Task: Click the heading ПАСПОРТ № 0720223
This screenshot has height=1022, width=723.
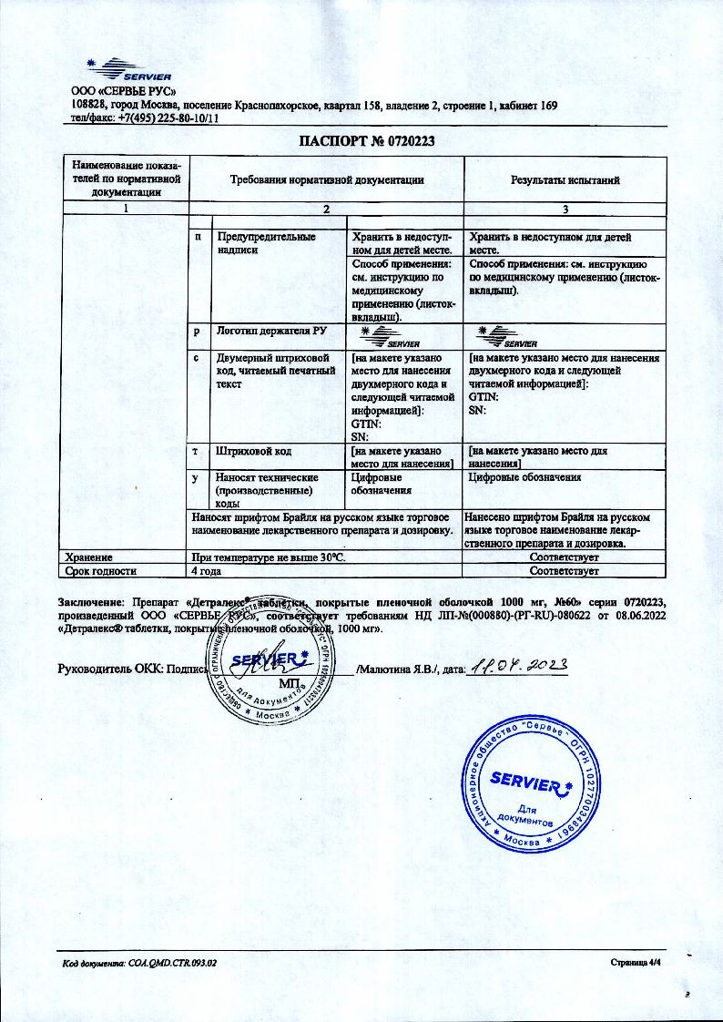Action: pos(361,141)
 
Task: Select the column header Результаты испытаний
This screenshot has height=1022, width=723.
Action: pos(565,179)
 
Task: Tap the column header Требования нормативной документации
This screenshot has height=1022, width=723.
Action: pos(326,179)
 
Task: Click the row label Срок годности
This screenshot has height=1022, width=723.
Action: pos(100,571)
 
